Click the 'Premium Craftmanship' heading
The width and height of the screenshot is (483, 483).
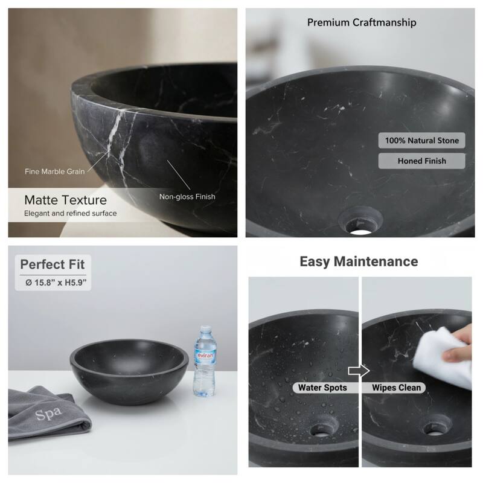pyautogui.click(x=362, y=23)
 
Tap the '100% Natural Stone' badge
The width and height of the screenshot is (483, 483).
pyautogui.click(x=422, y=141)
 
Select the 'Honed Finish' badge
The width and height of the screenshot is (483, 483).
pyautogui.click(x=422, y=161)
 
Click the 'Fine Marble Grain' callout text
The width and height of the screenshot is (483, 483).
pyautogui.click(x=54, y=171)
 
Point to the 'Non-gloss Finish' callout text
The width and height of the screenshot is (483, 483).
pyautogui.click(x=187, y=196)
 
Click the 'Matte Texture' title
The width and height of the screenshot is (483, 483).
pyautogui.click(x=65, y=200)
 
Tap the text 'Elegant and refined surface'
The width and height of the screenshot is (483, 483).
pyautogui.click(x=71, y=213)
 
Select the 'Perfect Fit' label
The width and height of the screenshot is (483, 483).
pyautogui.click(x=53, y=264)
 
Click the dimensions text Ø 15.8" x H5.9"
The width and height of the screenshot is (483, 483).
pyautogui.click(x=53, y=282)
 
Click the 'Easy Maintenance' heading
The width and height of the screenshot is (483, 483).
pyautogui.click(x=359, y=261)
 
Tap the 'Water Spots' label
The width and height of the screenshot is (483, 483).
pyautogui.click(x=322, y=387)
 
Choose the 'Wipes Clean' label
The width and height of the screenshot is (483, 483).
pyautogui.click(x=397, y=387)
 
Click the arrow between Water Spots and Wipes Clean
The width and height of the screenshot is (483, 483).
pyautogui.click(x=359, y=371)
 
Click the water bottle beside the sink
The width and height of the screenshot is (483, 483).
pyautogui.click(x=203, y=362)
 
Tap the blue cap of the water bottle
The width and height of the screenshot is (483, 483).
pyautogui.click(x=204, y=329)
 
